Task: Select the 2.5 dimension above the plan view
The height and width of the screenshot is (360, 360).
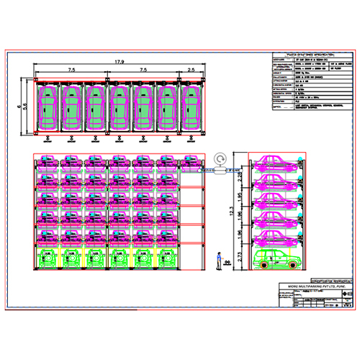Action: (190, 70)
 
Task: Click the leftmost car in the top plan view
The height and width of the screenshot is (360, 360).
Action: (48, 107)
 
